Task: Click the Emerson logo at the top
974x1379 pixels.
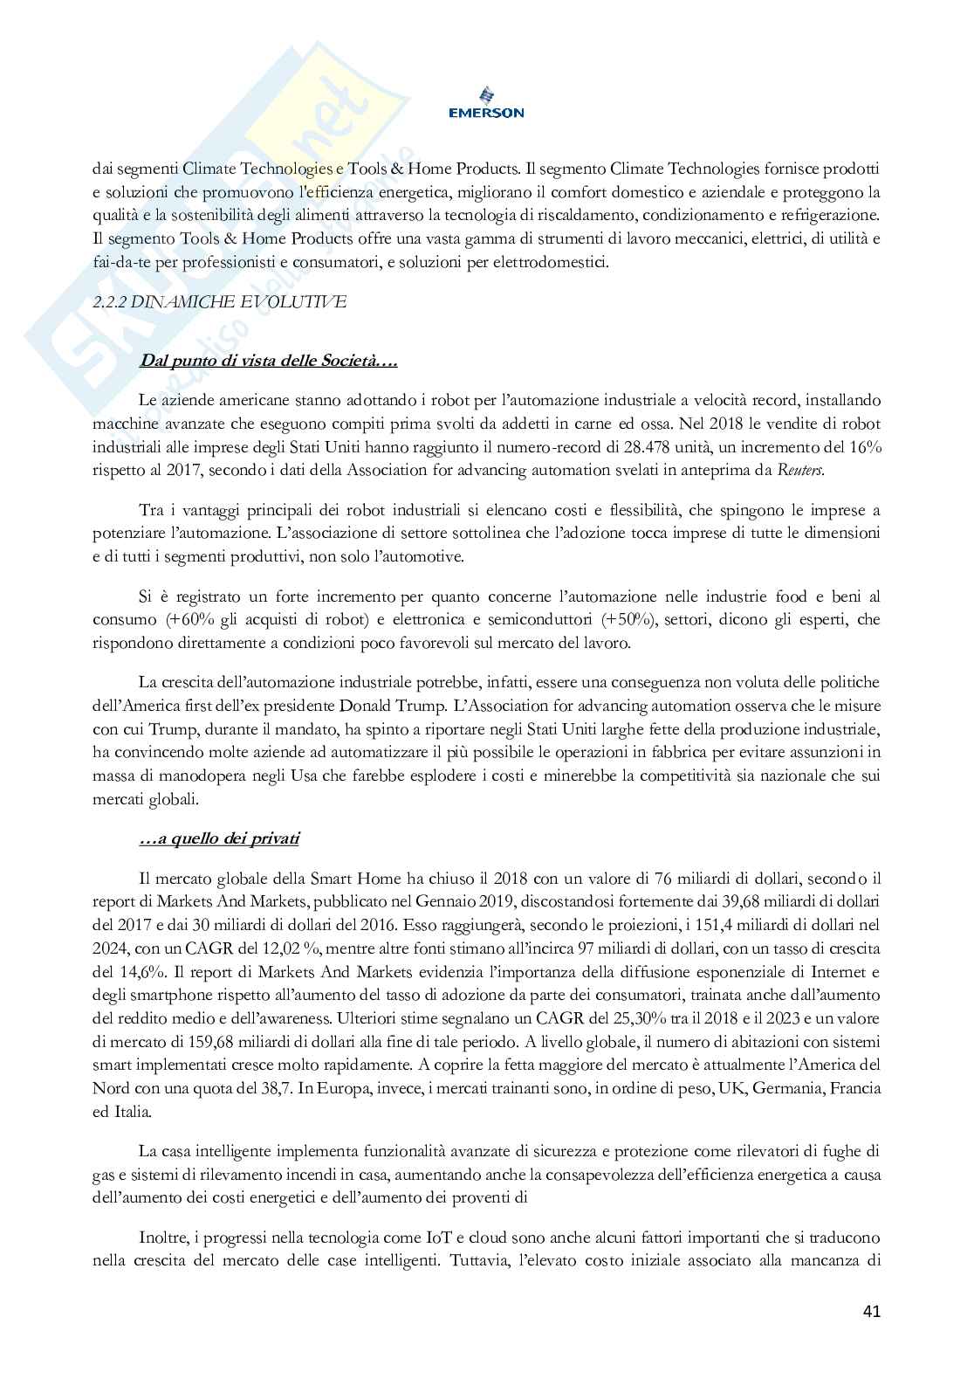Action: click(x=486, y=101)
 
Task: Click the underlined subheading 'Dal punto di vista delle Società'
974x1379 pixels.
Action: click(x=268, y=361)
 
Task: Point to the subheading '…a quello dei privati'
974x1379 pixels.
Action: click(x=219, y=838)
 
